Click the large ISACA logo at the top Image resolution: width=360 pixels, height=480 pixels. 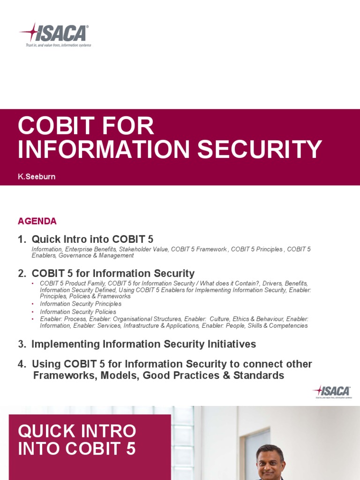(x=54, y=33)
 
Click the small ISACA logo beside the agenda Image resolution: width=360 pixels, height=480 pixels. (x=332, y=391)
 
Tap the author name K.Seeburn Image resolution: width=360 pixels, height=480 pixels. (x=37, y=177)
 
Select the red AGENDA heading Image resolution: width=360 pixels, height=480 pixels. (x=37, y=221)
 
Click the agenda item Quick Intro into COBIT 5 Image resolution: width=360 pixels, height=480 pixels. (x=92, y=239)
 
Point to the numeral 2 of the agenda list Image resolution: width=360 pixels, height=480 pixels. (x=21, y=273)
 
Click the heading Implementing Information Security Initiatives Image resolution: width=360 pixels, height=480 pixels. (x=143, y=344)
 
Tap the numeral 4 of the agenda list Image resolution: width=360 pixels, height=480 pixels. (x=21, y=364)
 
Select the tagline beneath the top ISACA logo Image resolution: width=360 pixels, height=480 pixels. (x=58, y=45)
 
